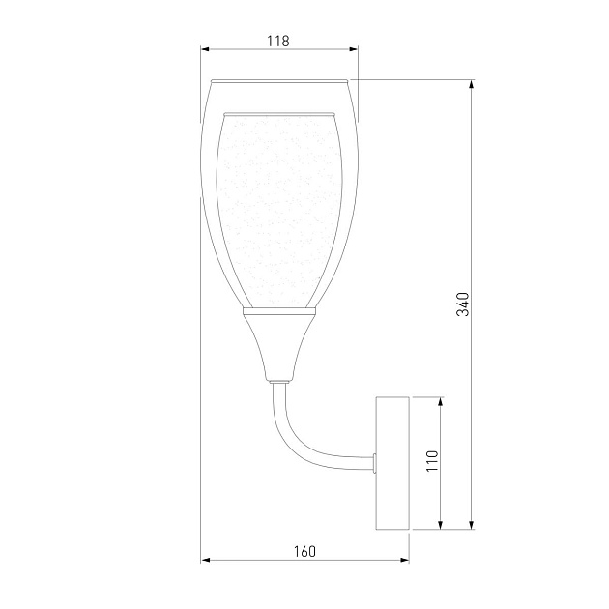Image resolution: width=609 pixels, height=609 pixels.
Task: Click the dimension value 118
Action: [278, 41]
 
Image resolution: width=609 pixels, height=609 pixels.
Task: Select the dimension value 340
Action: [463, 304]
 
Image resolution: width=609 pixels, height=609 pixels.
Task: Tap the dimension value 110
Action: [432, 461]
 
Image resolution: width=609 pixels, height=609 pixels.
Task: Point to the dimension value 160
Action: [304, 552]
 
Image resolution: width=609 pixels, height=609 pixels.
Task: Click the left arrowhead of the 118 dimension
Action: [205, 49]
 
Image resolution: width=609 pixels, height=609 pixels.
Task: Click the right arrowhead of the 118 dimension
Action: [354, 49]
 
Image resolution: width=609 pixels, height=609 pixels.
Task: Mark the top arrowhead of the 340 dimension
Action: [472, 84]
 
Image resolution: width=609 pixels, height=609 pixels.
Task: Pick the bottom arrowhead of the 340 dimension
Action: [472, 525]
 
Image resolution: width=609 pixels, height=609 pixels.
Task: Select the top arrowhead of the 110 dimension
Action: [441, 401]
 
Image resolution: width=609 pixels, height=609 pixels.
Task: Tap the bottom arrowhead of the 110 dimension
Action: [441, 525]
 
